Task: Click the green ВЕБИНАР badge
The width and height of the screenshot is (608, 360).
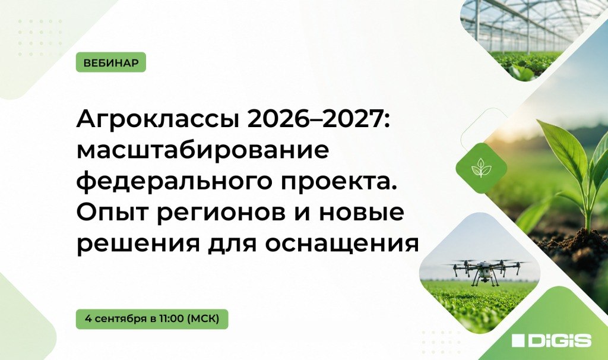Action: coord(111,62)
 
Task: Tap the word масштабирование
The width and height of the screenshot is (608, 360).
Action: coord(203,151)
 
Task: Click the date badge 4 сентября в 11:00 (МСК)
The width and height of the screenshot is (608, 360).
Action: coord(152,319)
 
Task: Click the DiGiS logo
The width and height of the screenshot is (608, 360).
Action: coord(552,340)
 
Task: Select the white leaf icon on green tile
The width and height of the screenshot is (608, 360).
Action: coord(481,168)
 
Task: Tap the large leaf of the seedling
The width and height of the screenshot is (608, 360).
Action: coord(567,151)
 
